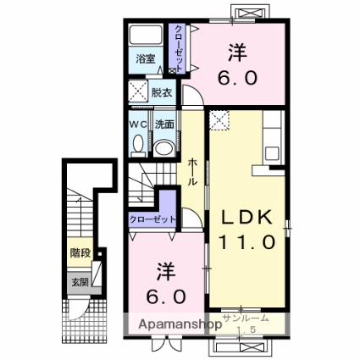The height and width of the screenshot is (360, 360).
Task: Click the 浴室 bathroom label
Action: [x=146, y=59]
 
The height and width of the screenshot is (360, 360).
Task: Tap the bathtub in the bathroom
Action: [x=146, y=35]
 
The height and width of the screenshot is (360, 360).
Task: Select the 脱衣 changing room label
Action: [x=162, y=93]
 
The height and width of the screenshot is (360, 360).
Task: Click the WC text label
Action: [x=138, y=125]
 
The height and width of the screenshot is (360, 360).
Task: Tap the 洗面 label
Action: [x=164, y=125]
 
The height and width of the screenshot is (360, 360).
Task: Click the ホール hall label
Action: [x=192, y=172]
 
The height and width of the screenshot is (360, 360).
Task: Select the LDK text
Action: [x=246, y=218]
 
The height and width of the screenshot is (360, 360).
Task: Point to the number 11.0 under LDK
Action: [x=246, y=242]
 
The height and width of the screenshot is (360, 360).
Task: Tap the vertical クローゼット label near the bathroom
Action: [x=179, y=48]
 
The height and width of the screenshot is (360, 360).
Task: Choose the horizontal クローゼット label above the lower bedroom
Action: [x=152, y=219]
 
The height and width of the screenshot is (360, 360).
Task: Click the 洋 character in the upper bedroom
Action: [x=237, y=53]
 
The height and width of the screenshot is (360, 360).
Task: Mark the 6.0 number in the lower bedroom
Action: [x=166, y=296]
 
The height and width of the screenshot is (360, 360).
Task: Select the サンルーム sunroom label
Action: [x=246, y=318]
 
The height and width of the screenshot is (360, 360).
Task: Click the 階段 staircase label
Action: [x=80, y=252]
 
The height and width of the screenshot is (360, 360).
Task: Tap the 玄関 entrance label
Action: [x=80, y=281]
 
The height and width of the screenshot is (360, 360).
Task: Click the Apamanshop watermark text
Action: [x=180, y=324]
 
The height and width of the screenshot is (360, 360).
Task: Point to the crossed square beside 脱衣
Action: [x=139, y=91]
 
